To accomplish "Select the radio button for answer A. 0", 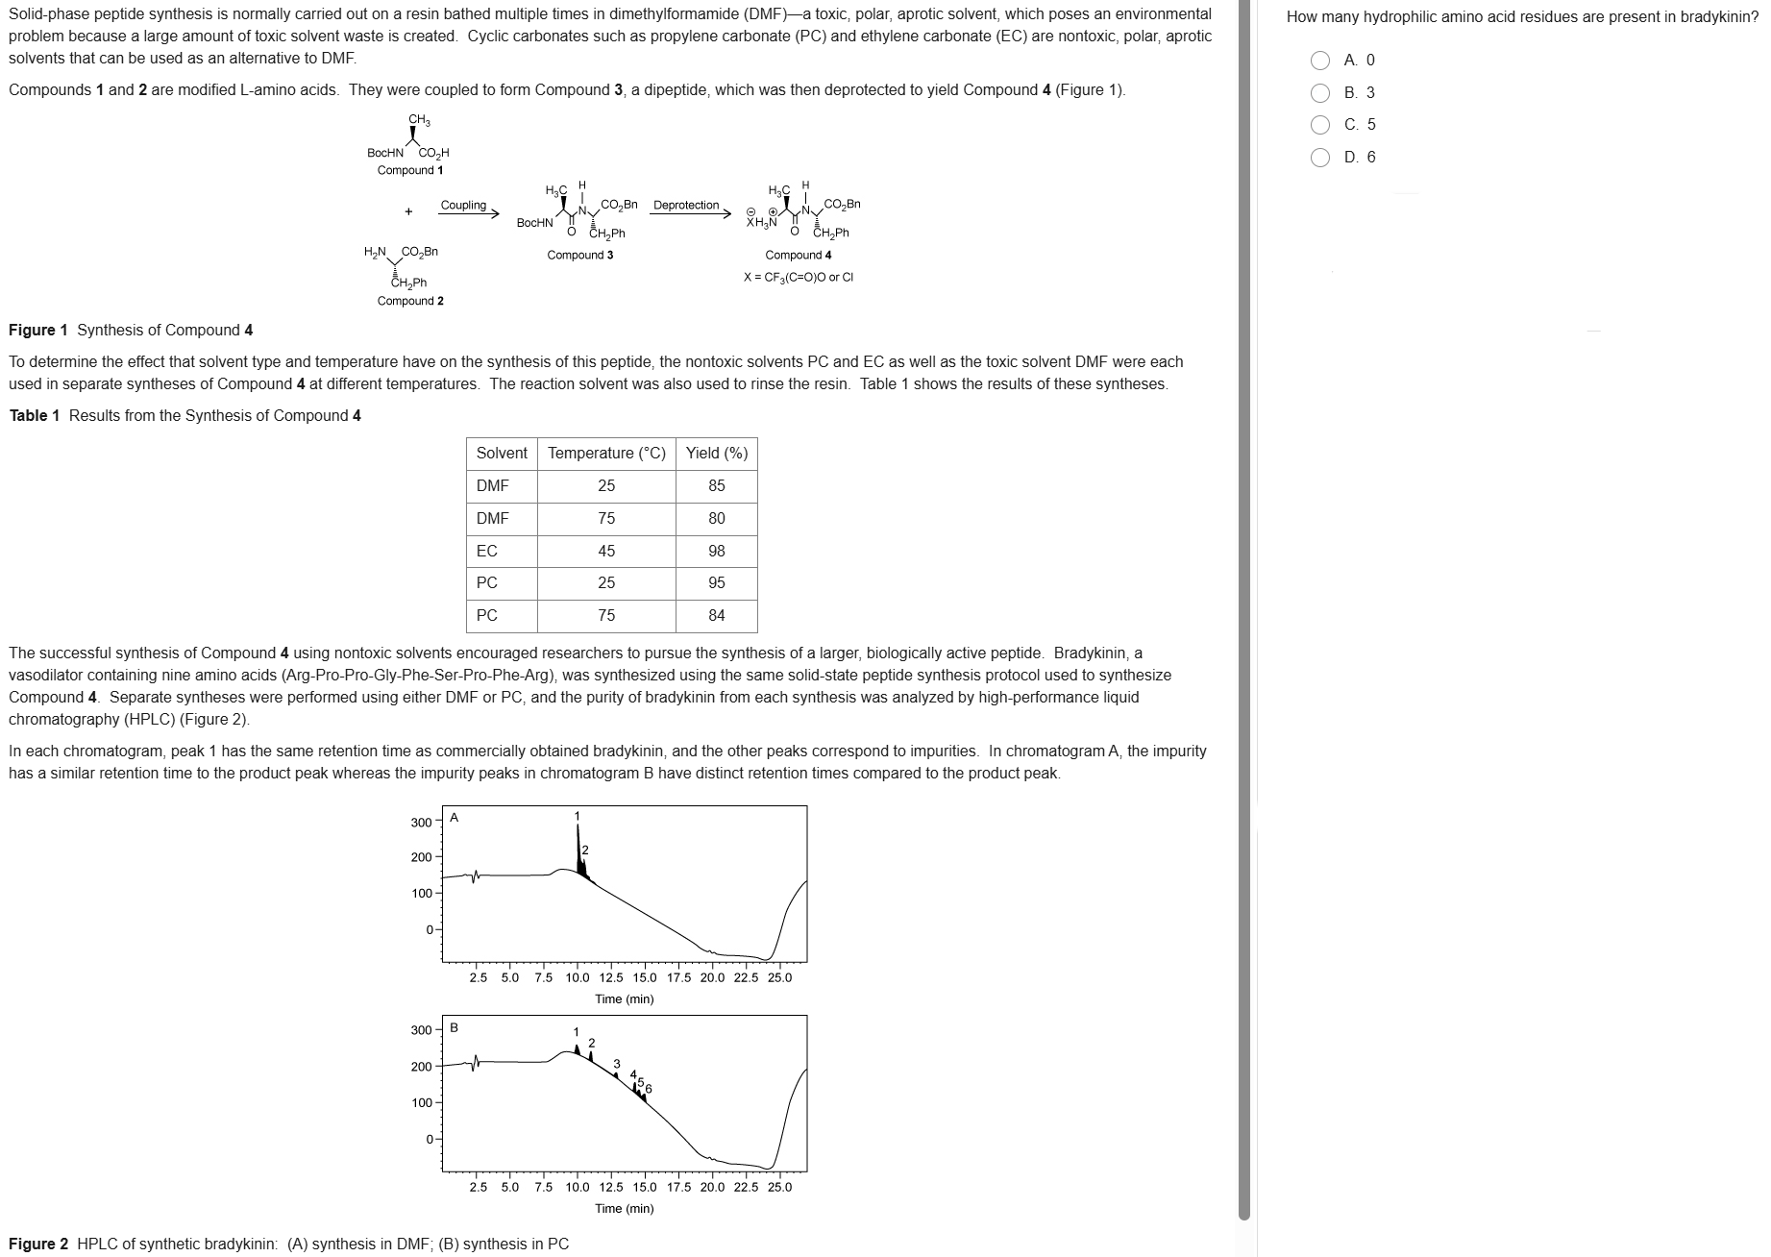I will point(1321,61).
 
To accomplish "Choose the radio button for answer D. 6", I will point(1321,158).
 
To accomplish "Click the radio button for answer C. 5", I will point(1321,125).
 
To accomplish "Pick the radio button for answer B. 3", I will point(1321,93).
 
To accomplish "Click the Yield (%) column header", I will point(716,454).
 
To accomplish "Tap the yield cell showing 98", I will point(716,552).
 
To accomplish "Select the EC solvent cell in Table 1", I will point(487,552).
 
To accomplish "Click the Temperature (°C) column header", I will point(606,454).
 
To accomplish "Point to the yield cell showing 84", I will point(716,616).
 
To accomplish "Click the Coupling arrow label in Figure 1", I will point(463,206).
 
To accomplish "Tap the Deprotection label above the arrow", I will point(686,206).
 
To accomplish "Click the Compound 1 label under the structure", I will point(410,171).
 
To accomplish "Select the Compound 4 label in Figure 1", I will point(799,256).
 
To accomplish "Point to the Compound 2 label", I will point(410,302).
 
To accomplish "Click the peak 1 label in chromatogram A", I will point(578,817).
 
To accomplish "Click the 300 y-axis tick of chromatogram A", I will point(421,823).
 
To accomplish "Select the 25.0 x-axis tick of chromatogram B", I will point(779,1187).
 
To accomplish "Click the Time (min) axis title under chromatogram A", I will point(625,999).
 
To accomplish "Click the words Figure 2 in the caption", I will point(38,1245).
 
